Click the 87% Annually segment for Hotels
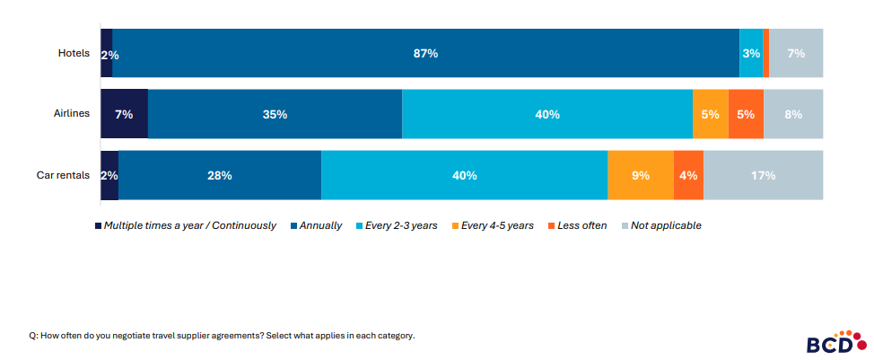(425, 54)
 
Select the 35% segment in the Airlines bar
(275, 114)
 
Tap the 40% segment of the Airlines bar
(546, 114)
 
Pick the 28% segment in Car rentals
(219, 175)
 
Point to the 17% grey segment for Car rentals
(763, 175)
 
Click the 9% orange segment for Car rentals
(640, 175)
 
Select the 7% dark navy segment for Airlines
(124, 114)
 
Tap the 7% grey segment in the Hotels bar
(796, 54)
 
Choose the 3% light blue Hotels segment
(751, 54)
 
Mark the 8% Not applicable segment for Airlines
(793, 114)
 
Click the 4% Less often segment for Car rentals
(688, 175)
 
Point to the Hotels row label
(73, 53)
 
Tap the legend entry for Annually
(321, 225)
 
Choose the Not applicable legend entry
(665, 225)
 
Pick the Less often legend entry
(580, 225)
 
